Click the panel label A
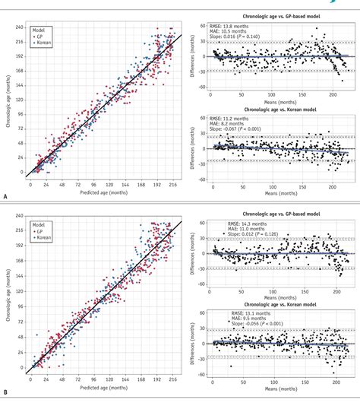[x=5, y=195]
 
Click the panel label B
[x=5, y=394]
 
